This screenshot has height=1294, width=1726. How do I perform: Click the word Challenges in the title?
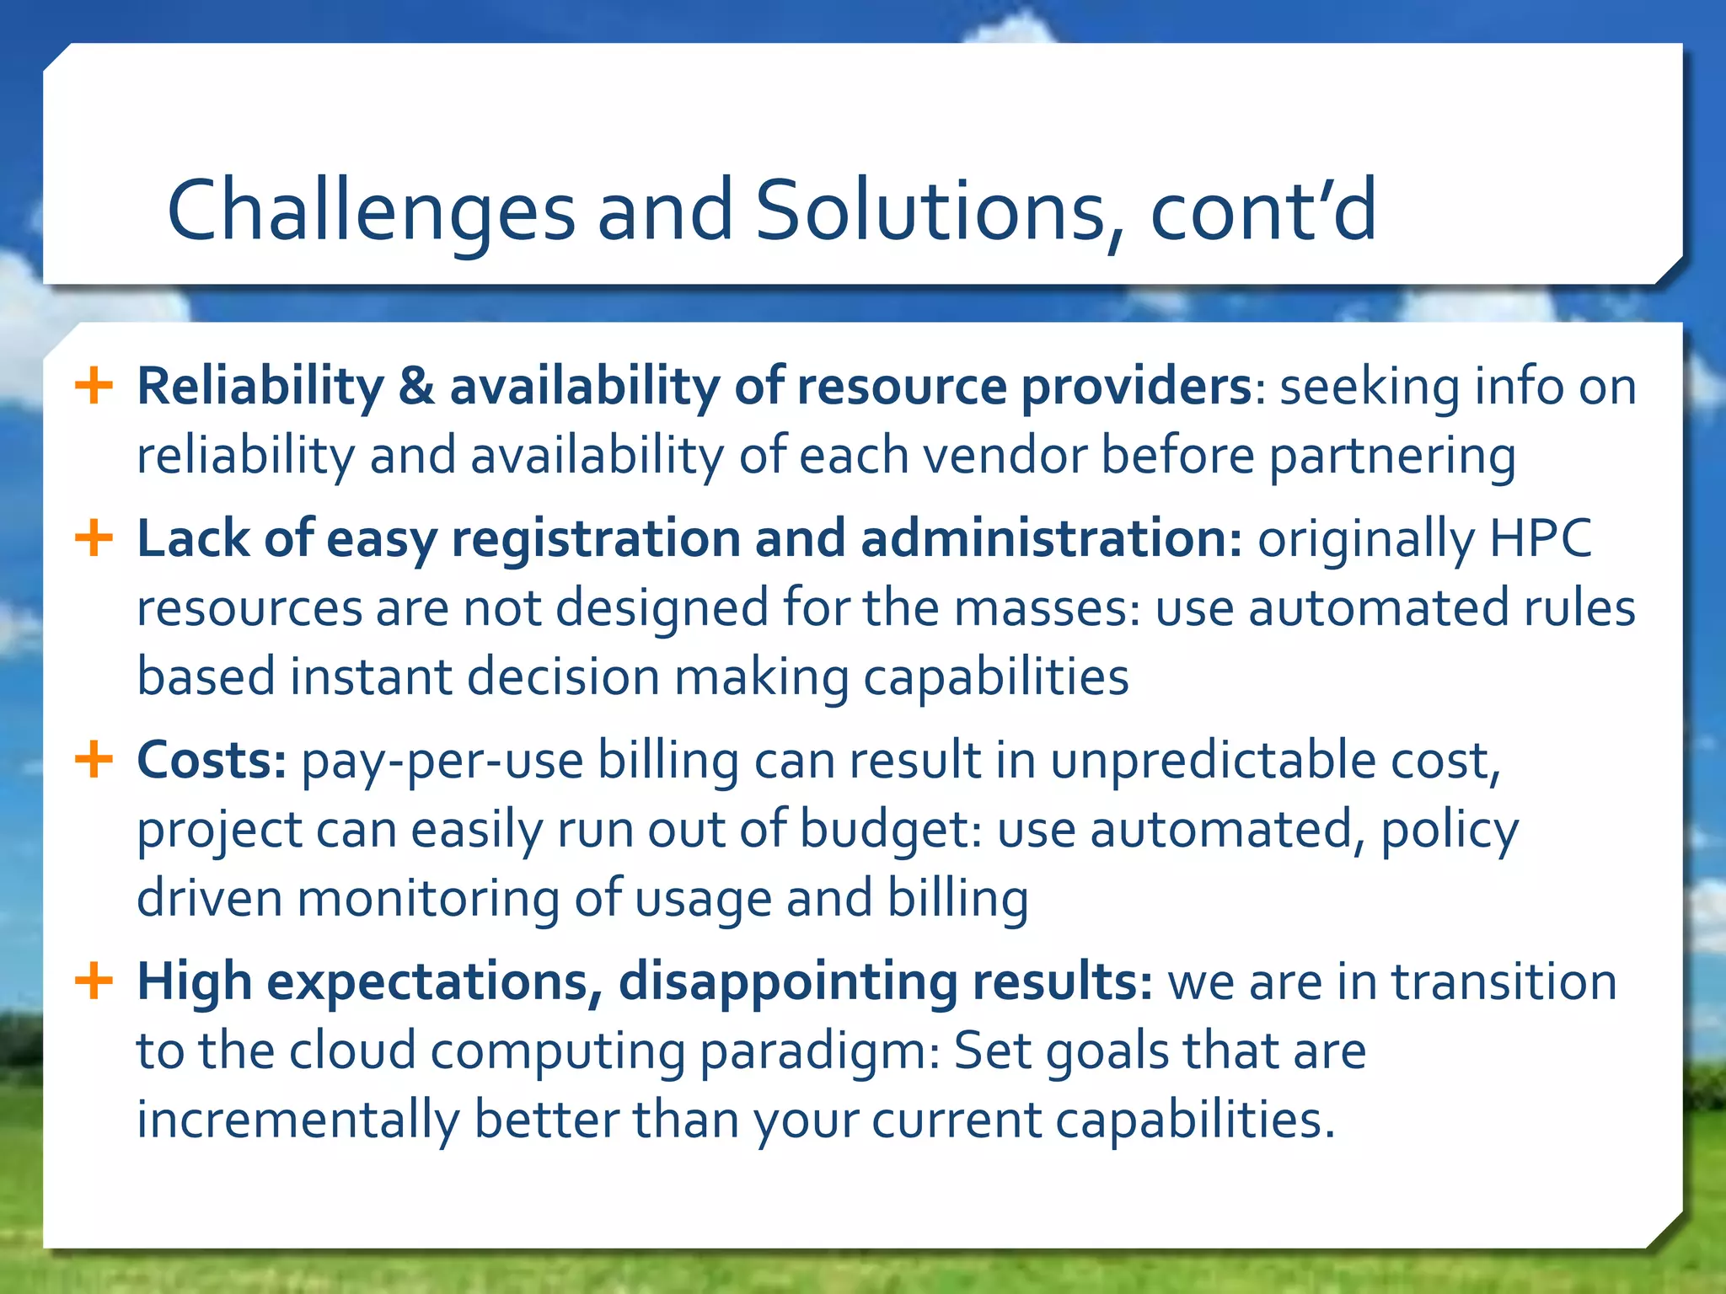(371, 211)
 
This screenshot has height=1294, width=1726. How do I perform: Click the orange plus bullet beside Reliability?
(94, 386)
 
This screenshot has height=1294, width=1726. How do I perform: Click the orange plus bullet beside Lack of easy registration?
(94, 537)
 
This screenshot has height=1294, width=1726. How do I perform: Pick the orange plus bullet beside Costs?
(94, 759)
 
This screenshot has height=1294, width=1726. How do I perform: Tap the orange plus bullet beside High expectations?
(94, 981)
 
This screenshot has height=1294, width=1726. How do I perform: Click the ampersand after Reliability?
(416, 386)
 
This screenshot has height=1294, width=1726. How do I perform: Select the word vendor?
(1004, 456)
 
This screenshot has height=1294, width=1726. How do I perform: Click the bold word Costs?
(212, 760)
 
